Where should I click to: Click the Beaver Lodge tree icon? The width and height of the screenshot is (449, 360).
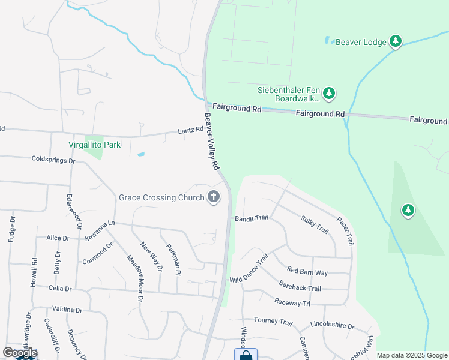[395, 41]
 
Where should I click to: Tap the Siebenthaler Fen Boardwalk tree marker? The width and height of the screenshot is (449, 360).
[328, 93]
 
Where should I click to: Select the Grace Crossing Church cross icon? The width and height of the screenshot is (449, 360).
[213, 197]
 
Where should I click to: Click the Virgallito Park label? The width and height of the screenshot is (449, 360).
[95, 145]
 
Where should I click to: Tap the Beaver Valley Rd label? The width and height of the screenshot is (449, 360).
[211, 141]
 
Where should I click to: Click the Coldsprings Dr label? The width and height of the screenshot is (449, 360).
[53, 160]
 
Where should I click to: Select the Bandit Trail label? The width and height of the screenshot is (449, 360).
[251, 218]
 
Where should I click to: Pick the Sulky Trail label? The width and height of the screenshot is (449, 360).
[315, 224]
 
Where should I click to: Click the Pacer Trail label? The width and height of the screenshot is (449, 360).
[345, 231]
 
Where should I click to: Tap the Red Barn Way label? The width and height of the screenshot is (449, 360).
[307, 271]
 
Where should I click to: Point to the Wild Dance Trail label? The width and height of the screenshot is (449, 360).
[249, 269]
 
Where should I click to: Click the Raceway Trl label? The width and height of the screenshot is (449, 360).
[292, 303]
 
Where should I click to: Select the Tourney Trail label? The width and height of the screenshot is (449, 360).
[273, 321]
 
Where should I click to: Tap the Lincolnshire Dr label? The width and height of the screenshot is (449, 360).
[333, 325]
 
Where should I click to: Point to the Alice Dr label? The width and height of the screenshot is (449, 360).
[58, 238]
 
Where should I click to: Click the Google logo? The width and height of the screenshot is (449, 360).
[20, 353]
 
